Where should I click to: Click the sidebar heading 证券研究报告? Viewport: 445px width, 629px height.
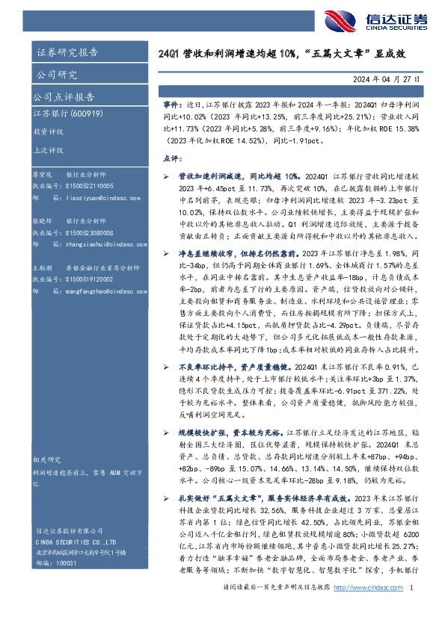coord(67,52)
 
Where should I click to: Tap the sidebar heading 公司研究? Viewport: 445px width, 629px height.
coord(56,75)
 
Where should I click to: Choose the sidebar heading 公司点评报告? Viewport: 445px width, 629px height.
coord(63,97)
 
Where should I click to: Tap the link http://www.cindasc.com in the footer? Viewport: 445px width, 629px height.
coord(368,610)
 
